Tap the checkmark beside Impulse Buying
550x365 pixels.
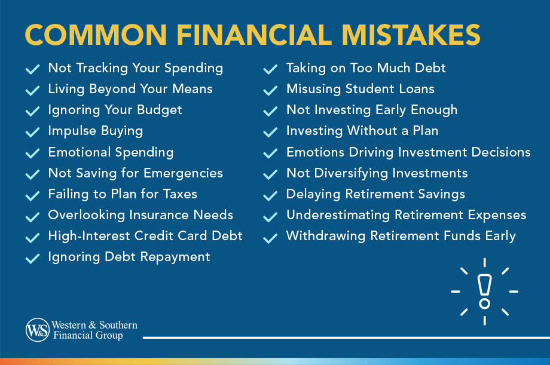(32, 132)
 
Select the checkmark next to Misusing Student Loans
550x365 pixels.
(270, 90)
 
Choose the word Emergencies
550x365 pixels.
(185, 173)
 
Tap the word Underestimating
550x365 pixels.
(338, 215)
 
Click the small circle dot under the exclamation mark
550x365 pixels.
(484, 303)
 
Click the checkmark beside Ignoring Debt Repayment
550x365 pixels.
(32, 258)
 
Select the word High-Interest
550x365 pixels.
(90, 236)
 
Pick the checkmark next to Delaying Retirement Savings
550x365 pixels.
(270, 195)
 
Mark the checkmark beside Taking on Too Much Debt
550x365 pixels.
(270, 69)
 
